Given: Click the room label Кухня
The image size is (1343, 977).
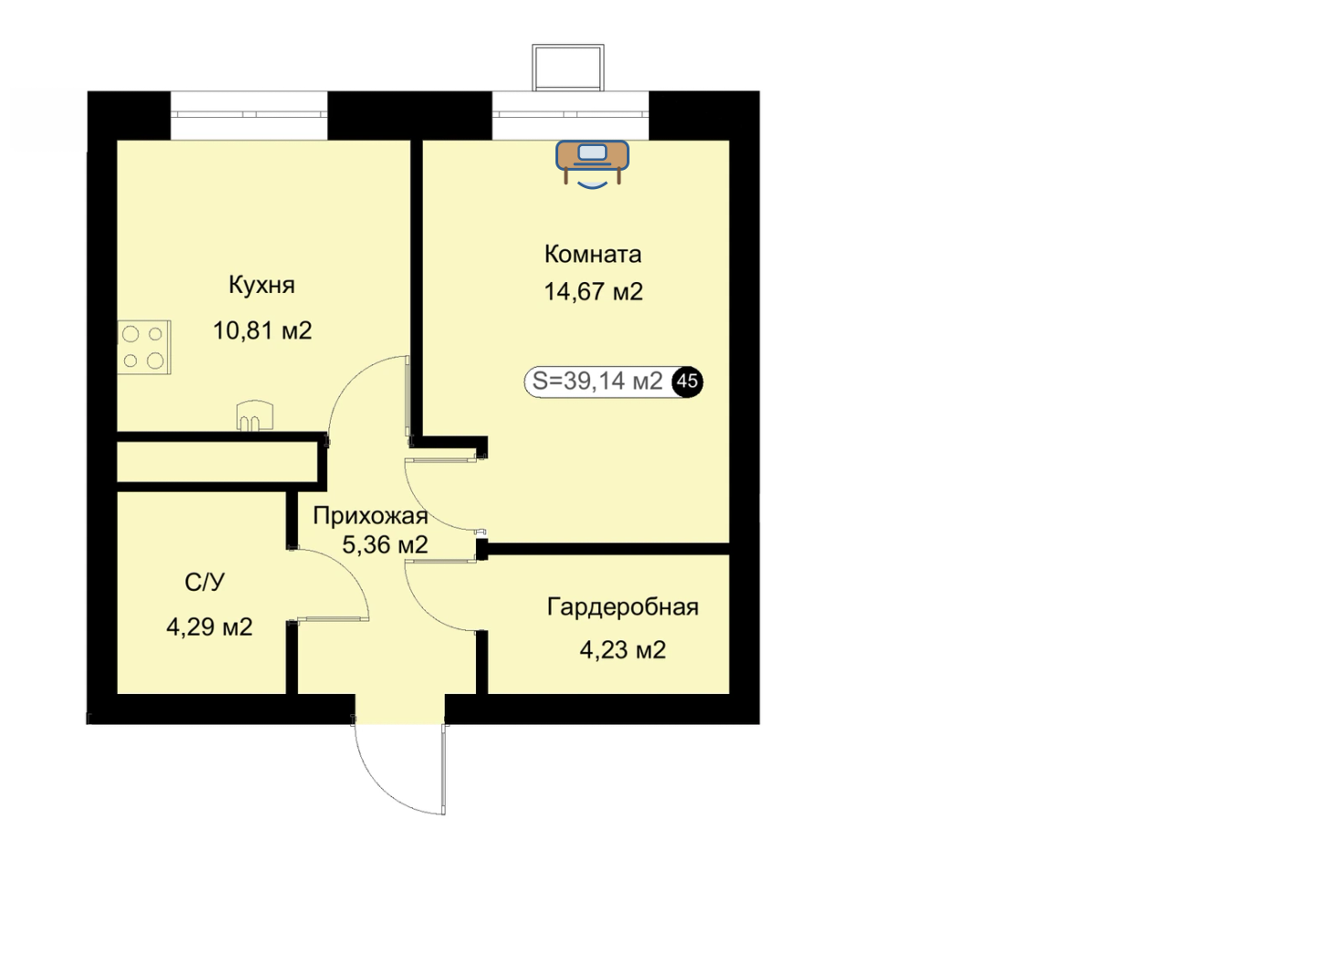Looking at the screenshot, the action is [262, 285].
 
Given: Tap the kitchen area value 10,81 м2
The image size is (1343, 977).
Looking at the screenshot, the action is [262, 331].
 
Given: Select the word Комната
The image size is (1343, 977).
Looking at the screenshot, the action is [593, 254].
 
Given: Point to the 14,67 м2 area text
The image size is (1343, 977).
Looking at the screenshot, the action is [593, 292].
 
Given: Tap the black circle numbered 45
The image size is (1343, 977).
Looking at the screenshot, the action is [687, 381].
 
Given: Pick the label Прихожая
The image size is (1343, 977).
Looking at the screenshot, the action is [371, 516].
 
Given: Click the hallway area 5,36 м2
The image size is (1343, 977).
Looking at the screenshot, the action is [385, 544].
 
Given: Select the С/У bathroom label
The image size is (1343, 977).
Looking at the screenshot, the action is [205, 582].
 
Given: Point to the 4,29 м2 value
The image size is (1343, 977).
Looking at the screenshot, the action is [209, 627].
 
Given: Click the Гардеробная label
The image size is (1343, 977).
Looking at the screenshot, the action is [623, 607].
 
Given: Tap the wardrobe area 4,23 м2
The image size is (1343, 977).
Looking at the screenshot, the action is [623, 650].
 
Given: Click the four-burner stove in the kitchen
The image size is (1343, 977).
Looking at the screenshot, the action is [144, 348].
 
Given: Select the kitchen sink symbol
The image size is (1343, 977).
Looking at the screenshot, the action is [255, 415].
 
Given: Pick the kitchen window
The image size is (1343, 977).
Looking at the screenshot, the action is [249, 115].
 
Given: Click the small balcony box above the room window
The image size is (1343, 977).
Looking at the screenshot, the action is [568, 68].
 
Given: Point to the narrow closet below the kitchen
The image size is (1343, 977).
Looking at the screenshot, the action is [217, 461].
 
